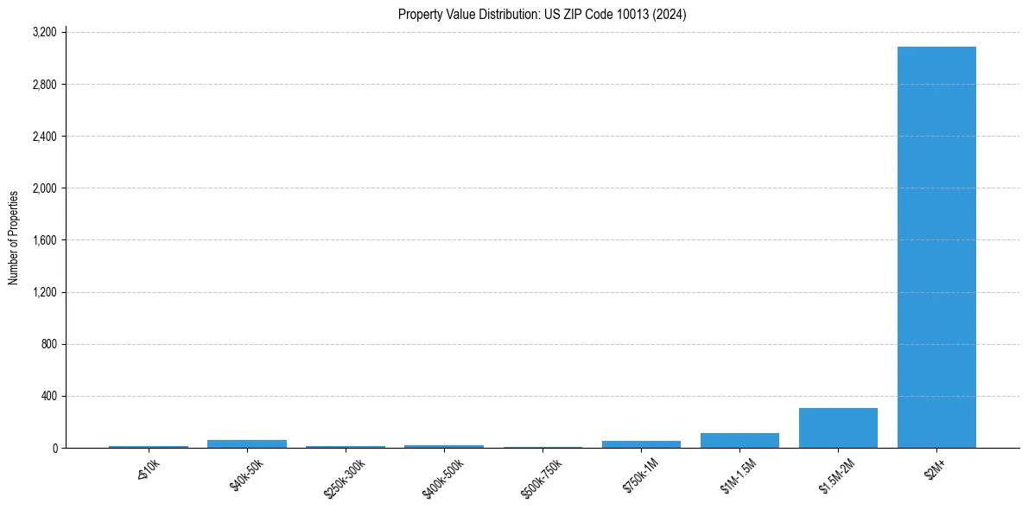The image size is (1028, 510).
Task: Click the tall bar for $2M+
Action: (x=936, y=247)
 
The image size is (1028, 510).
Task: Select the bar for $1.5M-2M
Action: (x=838, y=428)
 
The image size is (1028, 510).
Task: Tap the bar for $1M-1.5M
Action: (x=739, y=440)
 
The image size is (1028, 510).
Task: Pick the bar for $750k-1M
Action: (x=641, y=444)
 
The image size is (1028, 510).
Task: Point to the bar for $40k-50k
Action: (x=247, y=443)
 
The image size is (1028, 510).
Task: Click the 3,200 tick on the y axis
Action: (x=44, y=33)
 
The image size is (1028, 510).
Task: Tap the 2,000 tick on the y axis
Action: (x=44, y=188)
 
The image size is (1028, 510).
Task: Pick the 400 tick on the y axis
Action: (x=48, y=396)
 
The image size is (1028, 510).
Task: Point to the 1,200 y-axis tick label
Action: (x=44, y=292)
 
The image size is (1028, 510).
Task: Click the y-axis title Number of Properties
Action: (x=14, y=238)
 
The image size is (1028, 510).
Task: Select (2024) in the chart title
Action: (x=669, y=14)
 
